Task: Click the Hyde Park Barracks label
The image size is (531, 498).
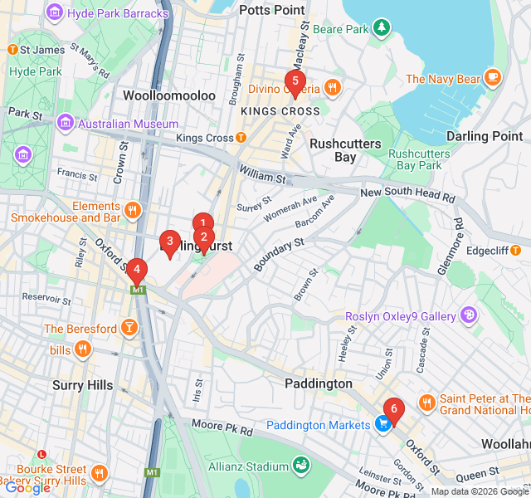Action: [119, 13]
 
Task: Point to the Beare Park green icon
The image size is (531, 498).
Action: [381, 29]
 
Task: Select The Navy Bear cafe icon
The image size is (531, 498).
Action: [493, 78]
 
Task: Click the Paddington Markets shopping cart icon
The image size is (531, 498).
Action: [382, 425]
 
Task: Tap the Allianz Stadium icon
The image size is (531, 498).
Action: [300, 468]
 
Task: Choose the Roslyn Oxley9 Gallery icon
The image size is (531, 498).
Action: [469, 315]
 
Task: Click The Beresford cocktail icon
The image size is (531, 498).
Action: [129, 329]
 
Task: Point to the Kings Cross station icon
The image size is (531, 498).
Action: [241, 138]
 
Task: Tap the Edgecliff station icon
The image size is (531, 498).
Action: [516, 249]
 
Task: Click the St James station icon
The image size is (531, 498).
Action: [12, 50]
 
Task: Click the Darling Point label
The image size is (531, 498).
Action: [485, 136]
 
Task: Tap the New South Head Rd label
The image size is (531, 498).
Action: [407, 196]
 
